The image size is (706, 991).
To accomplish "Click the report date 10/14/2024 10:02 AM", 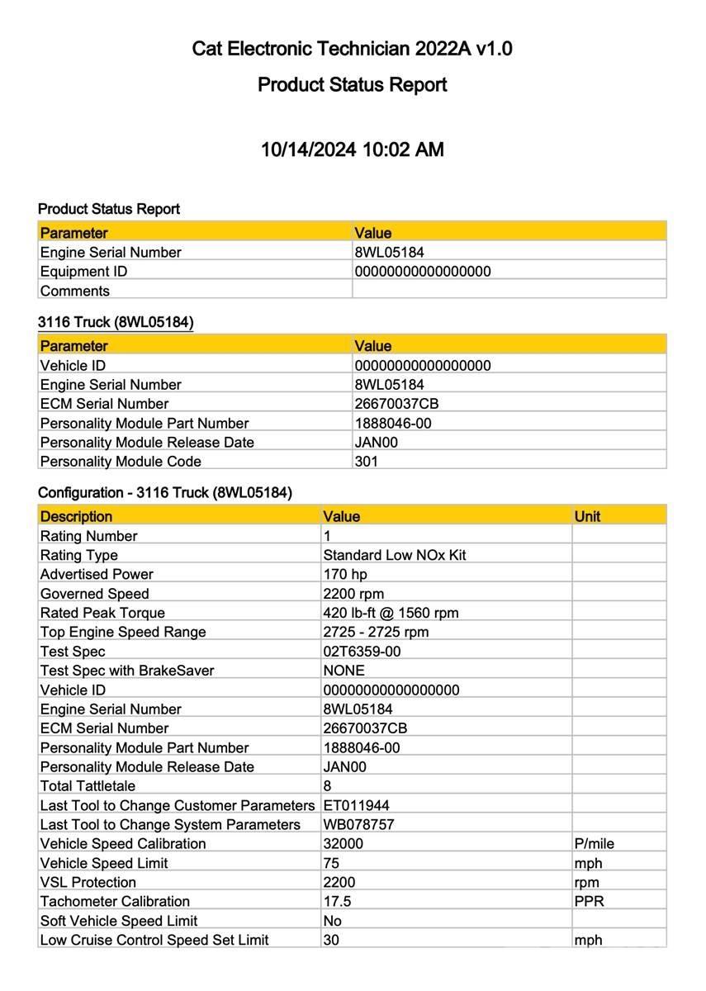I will point(353,149).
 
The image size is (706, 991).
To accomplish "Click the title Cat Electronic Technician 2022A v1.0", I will point(353,49).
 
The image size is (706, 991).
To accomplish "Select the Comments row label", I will point(75,291).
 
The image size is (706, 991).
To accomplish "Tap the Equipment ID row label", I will point(84,272).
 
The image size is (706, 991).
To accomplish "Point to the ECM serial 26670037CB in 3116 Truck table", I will point(396,404).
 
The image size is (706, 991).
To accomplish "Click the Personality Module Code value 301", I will point(367,462).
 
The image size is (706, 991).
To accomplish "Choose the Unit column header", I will point(587,516).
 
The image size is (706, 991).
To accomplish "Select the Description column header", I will point(77,516).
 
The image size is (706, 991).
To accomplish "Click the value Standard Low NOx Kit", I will point(395,555).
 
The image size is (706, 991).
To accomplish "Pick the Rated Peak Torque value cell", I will point(391,613).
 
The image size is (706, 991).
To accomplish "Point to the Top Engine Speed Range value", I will point(376,632).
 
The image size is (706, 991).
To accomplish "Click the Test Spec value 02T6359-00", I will point(362,652).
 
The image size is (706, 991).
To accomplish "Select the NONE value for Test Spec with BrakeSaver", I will point(344,671).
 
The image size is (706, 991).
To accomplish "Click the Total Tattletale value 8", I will point(328,786).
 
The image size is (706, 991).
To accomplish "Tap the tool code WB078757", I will point(358,824).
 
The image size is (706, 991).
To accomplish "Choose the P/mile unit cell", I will point(594,844).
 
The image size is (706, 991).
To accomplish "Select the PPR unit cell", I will point(589,901).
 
